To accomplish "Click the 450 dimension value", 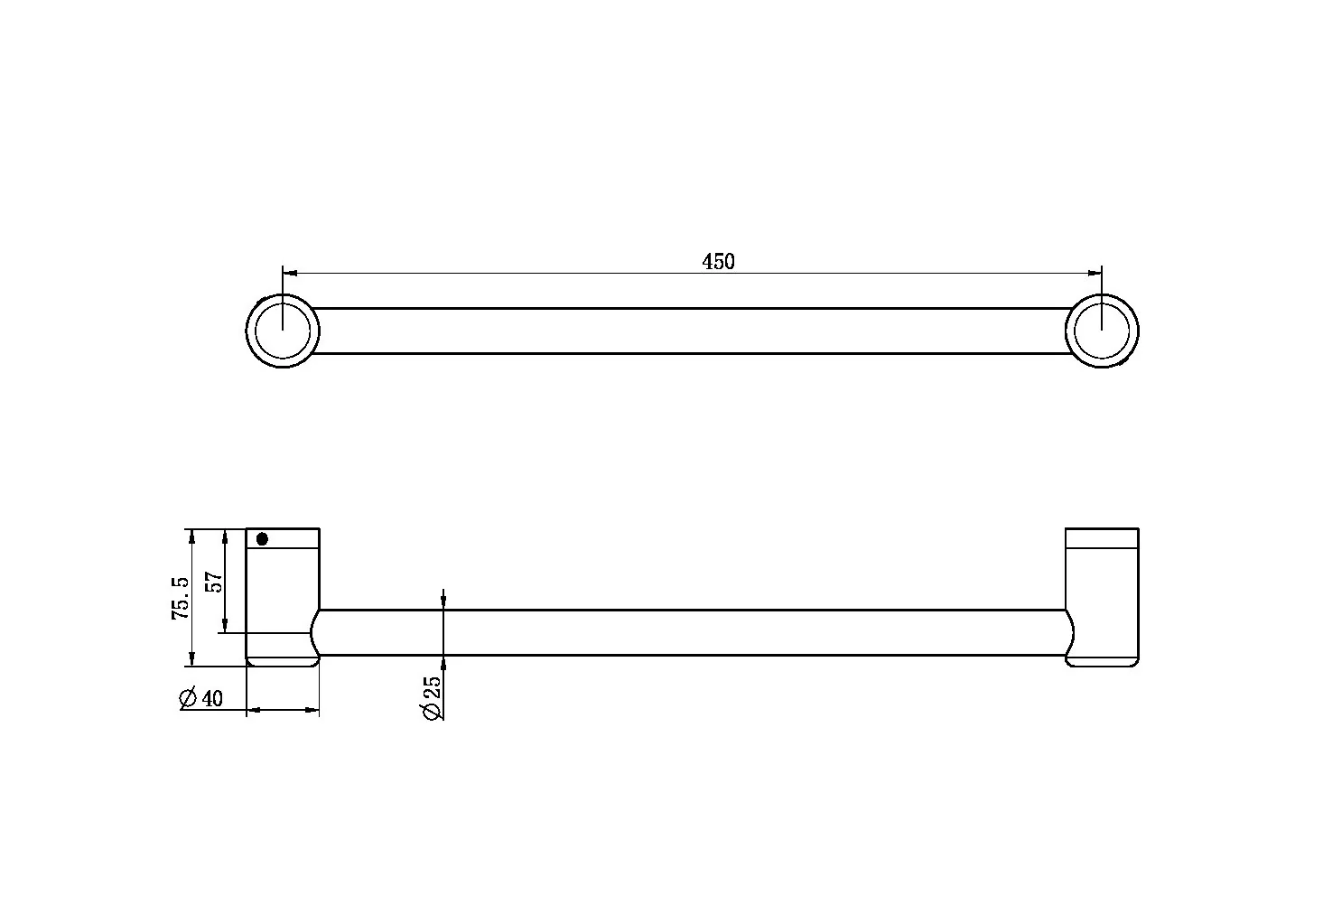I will (719, 262).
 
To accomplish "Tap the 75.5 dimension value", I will (181, 598).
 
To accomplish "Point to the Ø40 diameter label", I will (201, 698).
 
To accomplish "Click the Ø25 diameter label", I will (432, 698).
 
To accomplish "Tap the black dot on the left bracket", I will (262, 539).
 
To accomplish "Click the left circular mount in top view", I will (283, 331).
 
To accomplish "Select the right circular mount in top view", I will (1102, 331).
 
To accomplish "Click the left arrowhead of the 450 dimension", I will (289, 272).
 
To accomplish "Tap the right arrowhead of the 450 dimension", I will (1095, 272).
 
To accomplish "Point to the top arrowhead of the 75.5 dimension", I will (191, 536).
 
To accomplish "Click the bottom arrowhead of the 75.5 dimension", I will (191, 659).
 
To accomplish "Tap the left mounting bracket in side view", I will (282, 592).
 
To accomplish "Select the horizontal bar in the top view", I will (691, 331).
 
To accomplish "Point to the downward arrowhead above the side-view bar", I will (443, 603).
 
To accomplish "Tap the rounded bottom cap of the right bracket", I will (1103, 661).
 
